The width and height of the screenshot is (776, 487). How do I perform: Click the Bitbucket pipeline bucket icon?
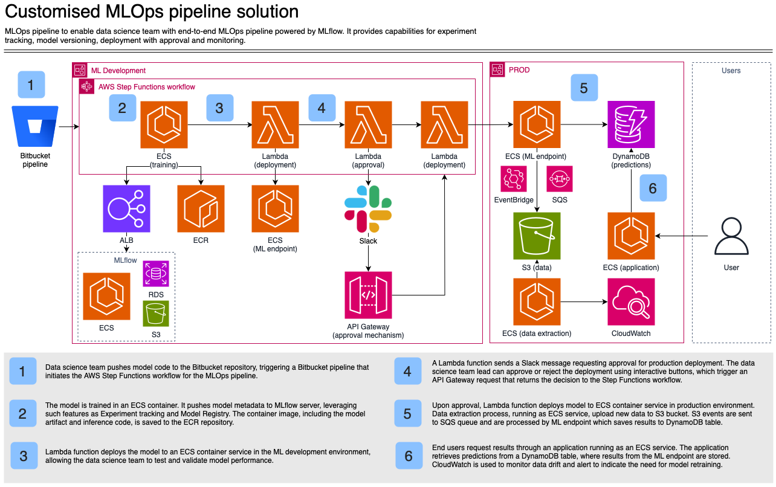click(35, 127)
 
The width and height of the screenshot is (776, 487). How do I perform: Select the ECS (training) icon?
click(164, 124)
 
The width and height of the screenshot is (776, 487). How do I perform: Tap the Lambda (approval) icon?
click(368, 124)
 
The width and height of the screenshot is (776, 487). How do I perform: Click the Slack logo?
click(368, 209)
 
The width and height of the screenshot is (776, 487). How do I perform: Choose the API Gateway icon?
click(368, 295)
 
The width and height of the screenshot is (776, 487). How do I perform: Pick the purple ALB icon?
click(126, 208)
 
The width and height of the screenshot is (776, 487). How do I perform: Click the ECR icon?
click(201, 208)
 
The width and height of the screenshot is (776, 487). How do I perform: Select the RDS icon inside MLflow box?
click(155, 274)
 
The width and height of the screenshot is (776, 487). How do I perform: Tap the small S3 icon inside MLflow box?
click(155, 313)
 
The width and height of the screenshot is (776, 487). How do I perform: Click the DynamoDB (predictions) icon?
click(631, 124)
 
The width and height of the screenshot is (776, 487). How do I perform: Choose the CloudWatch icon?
click(631, 302)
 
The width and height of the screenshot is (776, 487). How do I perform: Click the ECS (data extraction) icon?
click(537, 302)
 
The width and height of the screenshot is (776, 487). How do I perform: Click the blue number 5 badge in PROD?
click(584, 88)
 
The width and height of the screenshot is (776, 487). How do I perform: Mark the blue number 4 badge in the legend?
click(407, 371)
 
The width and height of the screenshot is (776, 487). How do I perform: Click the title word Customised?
click(49, 11)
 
